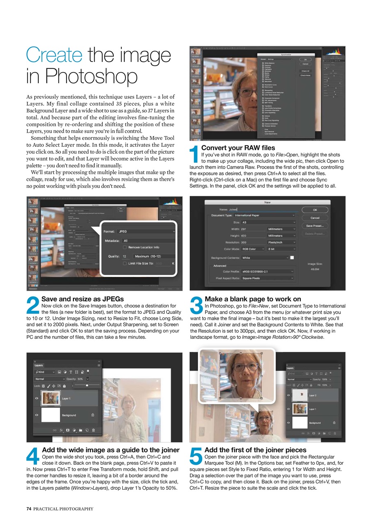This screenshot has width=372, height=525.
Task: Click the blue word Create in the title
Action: tap(53, 56)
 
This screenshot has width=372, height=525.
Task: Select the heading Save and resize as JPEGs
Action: tap(82, 299)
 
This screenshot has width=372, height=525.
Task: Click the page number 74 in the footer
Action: tap(29, 509)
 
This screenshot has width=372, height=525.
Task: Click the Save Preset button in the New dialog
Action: tap(315, 226)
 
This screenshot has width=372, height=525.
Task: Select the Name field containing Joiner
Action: tap(263, 210)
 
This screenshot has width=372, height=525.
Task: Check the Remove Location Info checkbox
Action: tap(125, 247)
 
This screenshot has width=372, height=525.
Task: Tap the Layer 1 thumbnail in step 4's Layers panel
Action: tap(51, 398)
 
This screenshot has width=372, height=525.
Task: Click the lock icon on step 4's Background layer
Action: tap(93, 415)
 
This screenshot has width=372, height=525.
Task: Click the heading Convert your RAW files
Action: tap(238, 148)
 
